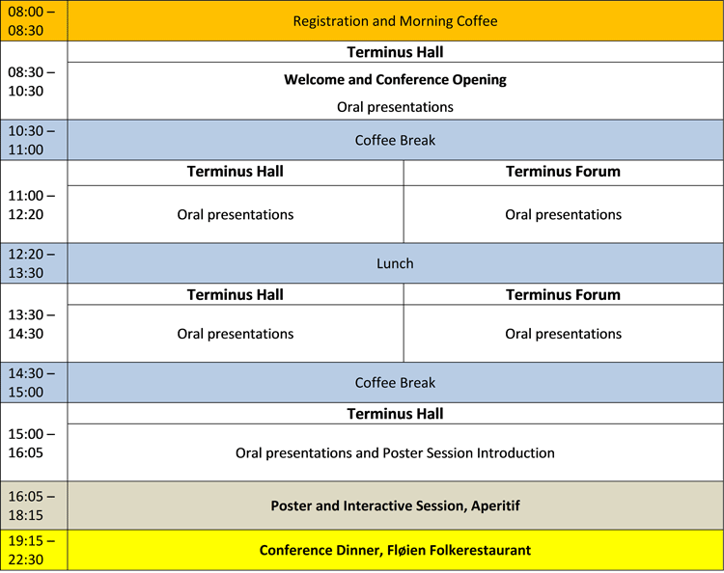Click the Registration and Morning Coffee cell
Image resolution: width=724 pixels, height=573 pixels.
click(395, 20)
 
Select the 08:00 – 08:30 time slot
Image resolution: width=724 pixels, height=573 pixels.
click(32, 20)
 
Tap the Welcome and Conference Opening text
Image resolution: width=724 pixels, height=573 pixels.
click(395, 79)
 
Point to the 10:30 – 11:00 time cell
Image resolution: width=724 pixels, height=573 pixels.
click(32, 140)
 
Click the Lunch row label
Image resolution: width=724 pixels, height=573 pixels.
click(395, 263)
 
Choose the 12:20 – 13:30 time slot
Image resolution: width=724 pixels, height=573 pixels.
click(32, 263)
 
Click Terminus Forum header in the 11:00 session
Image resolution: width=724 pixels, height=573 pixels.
click(563, 172)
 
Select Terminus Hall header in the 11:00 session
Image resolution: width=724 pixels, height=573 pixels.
click(235, 172)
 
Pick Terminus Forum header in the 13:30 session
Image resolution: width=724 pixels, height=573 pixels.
click(563, 294)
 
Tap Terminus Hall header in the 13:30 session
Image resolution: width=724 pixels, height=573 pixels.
click(235, 294)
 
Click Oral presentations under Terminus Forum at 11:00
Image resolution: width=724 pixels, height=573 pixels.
click(563, 214)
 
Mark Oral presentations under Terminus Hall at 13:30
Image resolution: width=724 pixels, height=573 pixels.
click(235, 334)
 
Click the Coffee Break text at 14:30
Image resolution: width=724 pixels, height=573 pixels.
click(395, 382)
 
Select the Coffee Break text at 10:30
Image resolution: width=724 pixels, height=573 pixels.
click(395, 140)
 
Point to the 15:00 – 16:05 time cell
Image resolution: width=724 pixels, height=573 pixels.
click(32, 442)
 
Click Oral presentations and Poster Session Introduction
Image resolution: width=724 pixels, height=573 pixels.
click(395, 452)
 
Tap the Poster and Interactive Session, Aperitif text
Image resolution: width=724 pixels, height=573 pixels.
click(395, 505)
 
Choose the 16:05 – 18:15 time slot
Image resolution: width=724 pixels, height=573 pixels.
click(32, 505)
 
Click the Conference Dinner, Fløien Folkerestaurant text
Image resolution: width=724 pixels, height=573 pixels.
click(395, 550)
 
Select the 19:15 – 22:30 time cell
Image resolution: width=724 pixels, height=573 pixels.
click(32, 550)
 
